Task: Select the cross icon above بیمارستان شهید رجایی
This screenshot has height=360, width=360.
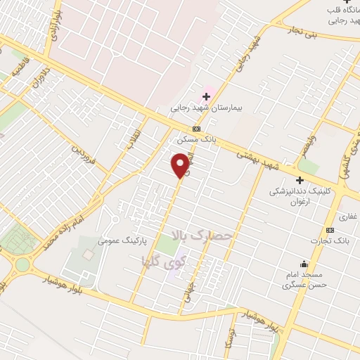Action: coord(206,96)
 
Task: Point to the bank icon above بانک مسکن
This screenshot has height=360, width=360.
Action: coord(197,129)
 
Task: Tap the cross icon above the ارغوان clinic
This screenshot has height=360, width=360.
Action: coord(300,179)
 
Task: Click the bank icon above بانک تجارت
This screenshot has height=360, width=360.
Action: coord(330,230)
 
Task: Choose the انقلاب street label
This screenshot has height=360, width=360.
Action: coord(133,140)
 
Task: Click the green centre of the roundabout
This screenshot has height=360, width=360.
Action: coord(21,264)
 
